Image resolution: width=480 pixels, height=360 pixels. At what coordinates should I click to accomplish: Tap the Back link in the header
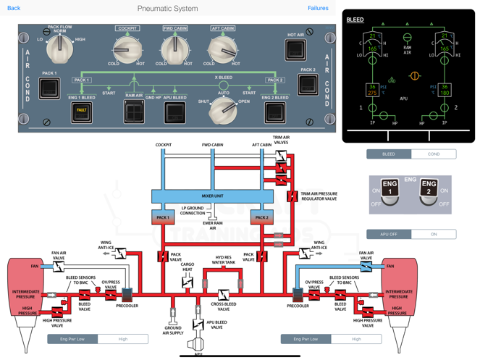(14, 8)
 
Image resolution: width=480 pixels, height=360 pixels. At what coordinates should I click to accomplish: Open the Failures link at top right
(318, 8)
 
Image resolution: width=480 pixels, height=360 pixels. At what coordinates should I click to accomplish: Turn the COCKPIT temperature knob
(127, 50)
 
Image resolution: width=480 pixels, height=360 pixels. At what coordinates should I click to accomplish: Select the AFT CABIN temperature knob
(222, 50)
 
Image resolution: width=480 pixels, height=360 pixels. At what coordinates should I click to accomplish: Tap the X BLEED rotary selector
(223, 110)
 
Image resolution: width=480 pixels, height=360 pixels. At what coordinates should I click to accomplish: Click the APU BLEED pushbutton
(175, 112)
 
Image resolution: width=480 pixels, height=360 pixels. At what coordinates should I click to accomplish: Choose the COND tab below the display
(434, 154)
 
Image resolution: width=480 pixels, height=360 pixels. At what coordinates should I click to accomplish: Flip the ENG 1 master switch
(390, 192)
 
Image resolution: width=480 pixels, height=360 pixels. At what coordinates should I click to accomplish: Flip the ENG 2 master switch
(429, 192)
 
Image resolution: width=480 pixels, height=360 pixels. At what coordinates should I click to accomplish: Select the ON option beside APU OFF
(434, 234)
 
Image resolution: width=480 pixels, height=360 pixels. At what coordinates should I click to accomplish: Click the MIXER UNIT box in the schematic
(212, 196)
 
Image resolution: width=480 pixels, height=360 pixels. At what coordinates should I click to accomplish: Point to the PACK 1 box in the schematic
(163, 217)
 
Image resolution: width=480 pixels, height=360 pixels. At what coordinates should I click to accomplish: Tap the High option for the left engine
(123, 338)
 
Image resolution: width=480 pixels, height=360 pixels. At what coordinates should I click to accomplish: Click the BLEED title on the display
(355, 20)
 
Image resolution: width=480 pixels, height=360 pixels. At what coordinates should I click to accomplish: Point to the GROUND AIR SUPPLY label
(173, 331)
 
